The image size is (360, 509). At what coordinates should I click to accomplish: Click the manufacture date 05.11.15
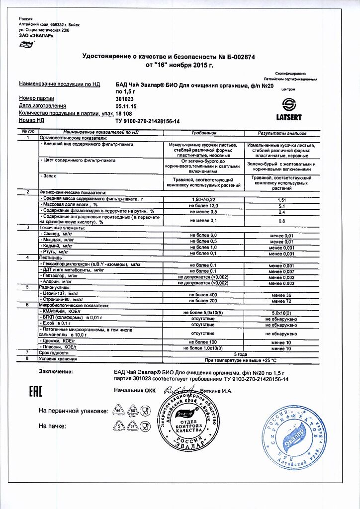[x=126, y=106]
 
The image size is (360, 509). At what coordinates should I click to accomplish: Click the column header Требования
[x=204, y=134]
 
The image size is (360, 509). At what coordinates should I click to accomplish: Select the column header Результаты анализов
[x=281, y=134]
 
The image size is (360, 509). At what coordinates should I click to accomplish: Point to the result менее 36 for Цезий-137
[x=281, y=295]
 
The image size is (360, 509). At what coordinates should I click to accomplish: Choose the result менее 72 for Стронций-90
[x=281, y=301]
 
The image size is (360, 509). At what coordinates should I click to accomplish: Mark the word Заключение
[x=55, y=371]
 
